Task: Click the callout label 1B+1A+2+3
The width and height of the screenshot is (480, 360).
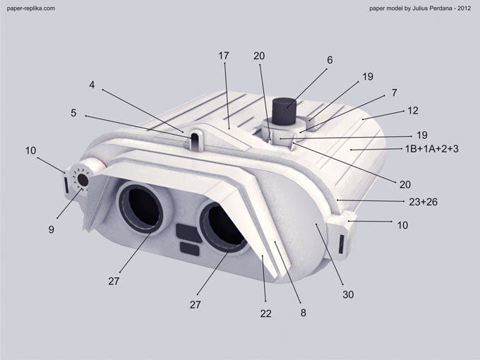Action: [431, 149]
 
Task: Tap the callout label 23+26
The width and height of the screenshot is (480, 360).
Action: [423, 202]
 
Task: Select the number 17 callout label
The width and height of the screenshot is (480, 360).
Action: [224, 56]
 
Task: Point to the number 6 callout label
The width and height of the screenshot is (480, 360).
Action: [330, 60]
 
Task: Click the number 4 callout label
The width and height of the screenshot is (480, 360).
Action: [92, 85]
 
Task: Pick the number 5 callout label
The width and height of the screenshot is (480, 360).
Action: [73, 113]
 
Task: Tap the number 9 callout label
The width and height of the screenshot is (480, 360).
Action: [51, 229]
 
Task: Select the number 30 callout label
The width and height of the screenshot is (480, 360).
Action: [348, 294]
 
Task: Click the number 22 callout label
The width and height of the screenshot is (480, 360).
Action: [265, 313]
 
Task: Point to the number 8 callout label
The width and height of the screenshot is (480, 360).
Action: [303, 313]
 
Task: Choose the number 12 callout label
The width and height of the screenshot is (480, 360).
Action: [413, 111]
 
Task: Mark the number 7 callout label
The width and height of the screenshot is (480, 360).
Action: [395, 92]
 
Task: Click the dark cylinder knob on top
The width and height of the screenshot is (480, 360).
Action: [284, 112]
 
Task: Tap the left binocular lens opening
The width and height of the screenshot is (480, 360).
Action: [141, 208]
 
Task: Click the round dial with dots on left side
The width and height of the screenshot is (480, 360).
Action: [80, 179]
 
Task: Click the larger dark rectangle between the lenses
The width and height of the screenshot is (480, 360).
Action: [188, 233]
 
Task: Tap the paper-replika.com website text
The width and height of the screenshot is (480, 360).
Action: [31, 8]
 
